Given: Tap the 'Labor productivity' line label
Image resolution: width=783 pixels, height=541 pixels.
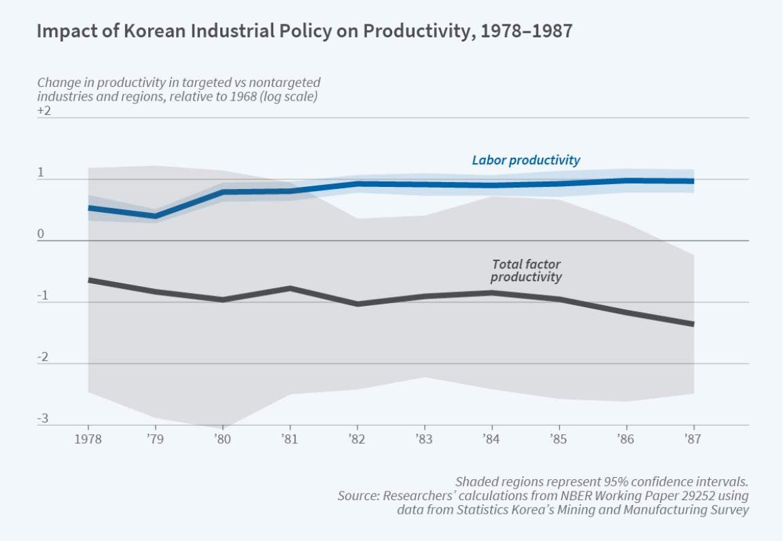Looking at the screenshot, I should [x=526, y=160].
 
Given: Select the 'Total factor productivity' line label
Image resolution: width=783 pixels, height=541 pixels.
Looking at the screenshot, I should [x=526, y=270].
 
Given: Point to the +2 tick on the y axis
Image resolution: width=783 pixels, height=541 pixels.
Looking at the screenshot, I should [x=44, y=111].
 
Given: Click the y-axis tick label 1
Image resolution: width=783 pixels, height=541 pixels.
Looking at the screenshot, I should [x=40, y=173].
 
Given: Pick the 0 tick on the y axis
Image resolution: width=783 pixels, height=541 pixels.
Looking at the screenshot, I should [x=40, y=234].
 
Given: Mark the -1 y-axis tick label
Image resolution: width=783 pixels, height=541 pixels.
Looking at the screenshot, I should [x=42, y=296].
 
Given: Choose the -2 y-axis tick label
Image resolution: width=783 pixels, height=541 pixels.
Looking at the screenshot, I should [x=42, y=357].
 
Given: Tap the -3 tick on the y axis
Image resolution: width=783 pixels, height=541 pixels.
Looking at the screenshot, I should [x=42, y=418].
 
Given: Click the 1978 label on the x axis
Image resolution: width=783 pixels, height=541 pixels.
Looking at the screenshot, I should [x=88, y=439].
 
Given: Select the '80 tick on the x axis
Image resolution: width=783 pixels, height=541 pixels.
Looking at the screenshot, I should [x=222, y=439].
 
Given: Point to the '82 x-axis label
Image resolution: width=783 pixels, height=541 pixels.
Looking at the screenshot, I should [x=357, y=439].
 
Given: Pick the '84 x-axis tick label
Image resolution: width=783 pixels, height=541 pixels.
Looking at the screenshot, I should [x=491, y=439].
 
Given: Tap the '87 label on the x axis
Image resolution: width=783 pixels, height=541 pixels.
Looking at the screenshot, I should [x=693, y=439].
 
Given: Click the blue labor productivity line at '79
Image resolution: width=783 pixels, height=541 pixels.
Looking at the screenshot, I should [x=156, y=216].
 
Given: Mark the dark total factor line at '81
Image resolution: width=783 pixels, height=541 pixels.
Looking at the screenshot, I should [x=290, y=288].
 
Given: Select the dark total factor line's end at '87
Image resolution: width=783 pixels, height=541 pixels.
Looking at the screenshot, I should [x=693, y=324].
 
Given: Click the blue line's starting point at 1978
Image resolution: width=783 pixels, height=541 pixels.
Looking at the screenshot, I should [x=90, y=207].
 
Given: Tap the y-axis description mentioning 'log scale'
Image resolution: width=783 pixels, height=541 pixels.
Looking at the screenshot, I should [x=177, y=89].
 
